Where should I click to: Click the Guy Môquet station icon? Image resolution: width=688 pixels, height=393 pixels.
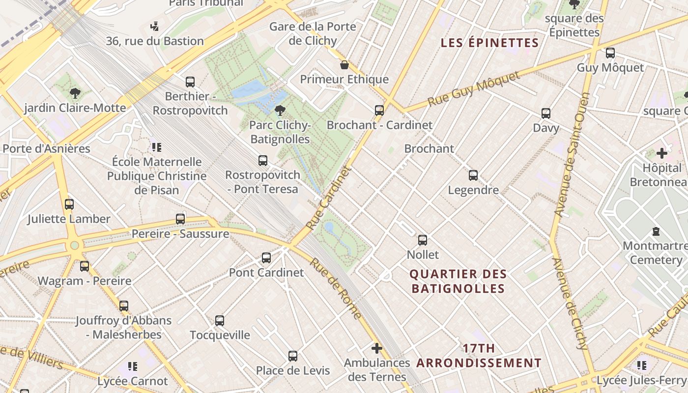(x=610, y=53)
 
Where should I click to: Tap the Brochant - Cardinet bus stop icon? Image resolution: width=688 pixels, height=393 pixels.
(x=379, y=110)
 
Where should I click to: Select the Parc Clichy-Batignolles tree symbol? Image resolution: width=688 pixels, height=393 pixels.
(x=280, y=110)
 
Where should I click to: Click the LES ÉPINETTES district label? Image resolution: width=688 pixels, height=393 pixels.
(x=489, y=43)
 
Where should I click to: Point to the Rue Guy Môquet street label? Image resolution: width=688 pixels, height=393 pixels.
(x=473, y=89)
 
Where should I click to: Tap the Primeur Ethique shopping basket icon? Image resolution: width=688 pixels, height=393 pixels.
(x=344, y=65)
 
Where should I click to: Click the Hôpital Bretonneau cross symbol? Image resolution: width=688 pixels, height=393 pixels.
(x=662, y=153)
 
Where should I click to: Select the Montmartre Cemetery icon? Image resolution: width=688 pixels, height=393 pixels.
(x=656, y=231)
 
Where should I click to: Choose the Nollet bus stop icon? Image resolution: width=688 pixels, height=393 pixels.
(x=423, y=240)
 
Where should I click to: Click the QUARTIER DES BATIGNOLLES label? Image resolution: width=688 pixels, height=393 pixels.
(x=458, y=281)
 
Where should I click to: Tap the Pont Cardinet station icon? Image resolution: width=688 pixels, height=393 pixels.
(x=266, y=257)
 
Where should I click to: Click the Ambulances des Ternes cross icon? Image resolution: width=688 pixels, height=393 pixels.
(x=377, y=348)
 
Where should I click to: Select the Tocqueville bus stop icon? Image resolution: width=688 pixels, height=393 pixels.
(x=220, y=321)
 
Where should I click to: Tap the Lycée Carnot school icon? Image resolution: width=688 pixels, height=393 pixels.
(x=132, y=366)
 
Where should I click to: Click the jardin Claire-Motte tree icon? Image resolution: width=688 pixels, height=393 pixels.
(x=75, y=93)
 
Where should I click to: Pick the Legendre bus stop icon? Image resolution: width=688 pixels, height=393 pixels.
(x=473, y=175)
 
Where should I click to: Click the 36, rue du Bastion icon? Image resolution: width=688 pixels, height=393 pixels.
(x=155, y=26)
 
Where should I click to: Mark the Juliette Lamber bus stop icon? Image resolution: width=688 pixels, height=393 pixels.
(x=69, y=204)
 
